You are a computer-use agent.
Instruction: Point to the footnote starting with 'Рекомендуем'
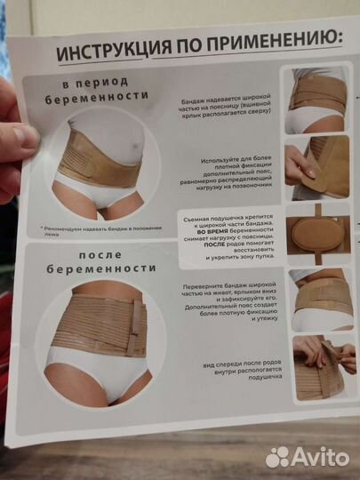pos(101,228)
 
